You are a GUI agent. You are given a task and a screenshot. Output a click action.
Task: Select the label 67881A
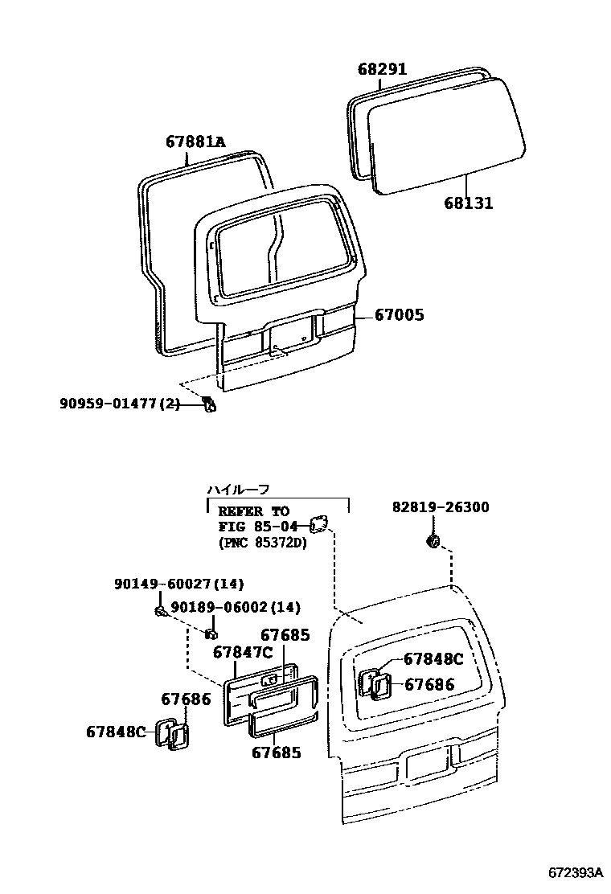point(195,142)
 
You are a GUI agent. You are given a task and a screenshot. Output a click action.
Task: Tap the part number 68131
point(468,204)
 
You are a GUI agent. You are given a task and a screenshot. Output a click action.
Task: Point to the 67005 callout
point(400,315)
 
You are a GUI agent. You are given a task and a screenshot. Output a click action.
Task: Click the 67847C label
point(243,651)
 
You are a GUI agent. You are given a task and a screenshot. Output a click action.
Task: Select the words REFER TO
point(252,511)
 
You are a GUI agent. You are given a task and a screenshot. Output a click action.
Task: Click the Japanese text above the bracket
point(238,488)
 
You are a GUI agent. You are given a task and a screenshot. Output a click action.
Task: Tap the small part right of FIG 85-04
point(318,525)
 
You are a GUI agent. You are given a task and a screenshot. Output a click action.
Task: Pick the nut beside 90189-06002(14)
point(211,626)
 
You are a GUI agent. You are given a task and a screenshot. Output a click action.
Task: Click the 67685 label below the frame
point(277,753)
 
